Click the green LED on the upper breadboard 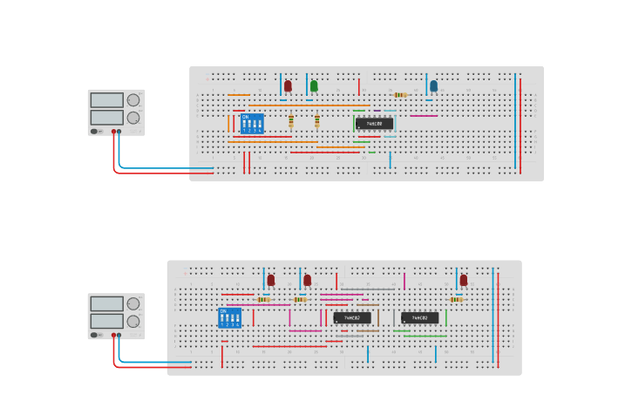[x=314, y=85]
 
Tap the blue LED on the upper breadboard [x=433, y=85]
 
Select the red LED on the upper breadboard [x=288, y=85]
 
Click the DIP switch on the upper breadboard [x=252, y=123]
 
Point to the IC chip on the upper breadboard [x=374, y=124]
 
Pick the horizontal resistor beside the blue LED [x=400, y=95]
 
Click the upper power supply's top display [x=106, y=100]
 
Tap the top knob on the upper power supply [x=133, y=99]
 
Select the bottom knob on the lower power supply [x=133, y=321]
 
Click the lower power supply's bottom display [x=106, y=321]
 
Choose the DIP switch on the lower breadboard [x=229, y=317]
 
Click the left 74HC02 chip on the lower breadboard [x=351, y=317]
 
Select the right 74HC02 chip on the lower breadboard [x=419, y=317]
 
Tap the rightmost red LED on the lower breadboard [x=464, y=280]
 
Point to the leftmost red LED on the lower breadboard [x=271, y=280]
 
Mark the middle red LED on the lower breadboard [x=307, y=280]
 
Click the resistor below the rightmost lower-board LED [x=456, y=299]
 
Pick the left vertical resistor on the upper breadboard [x=291, y=121]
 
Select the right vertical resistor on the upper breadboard [x=317, y=121]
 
